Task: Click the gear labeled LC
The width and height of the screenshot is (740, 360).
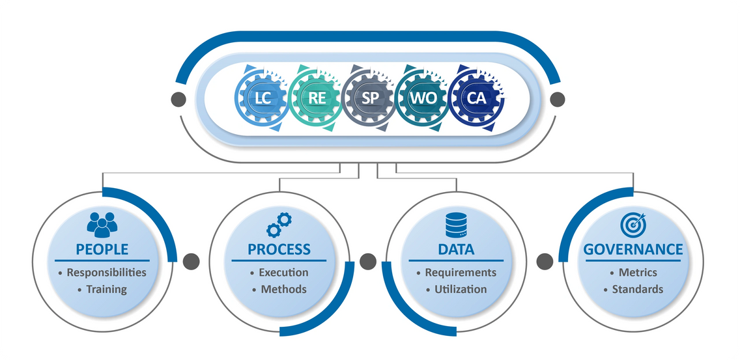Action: point(263,99)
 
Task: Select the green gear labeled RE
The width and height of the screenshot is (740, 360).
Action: point(317,99)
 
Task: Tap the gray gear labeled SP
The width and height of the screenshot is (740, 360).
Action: point(370,99)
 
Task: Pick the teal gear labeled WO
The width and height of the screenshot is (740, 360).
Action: point(423,99)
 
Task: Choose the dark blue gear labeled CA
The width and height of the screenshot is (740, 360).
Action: point(476,99)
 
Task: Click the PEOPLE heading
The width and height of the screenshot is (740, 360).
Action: point(102,249)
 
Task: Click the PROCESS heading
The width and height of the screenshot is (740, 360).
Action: point(279,249)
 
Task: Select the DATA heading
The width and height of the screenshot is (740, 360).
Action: point(456,249)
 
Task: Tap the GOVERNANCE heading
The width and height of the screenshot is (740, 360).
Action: point(633,249)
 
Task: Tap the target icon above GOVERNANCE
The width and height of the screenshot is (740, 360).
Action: point(633,225)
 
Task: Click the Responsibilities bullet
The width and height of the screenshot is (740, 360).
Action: point(106,273)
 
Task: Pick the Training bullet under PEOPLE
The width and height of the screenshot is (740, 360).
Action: point(106,289)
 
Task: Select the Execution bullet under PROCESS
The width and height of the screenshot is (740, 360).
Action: point(283,273)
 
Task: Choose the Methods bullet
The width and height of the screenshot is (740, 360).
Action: point(283,289)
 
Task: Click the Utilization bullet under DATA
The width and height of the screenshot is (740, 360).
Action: point(461,289)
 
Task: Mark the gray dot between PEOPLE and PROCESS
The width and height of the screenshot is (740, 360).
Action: point(190,261)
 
